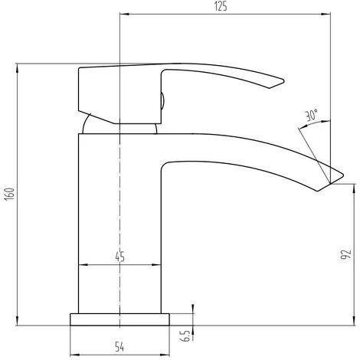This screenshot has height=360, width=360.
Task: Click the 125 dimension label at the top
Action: tap(221, 6)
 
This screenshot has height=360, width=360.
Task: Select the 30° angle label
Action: tap(312, 115)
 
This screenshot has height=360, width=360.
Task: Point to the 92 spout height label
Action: tap(346, 254)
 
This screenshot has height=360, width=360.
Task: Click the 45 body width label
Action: tap(119, 257)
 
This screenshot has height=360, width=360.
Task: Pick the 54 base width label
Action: tap(119, 347)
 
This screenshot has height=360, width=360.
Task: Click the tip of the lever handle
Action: tap(283, 81)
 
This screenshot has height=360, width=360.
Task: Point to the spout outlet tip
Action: tap(342, 175)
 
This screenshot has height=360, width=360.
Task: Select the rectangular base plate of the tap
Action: tap(119, 319)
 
